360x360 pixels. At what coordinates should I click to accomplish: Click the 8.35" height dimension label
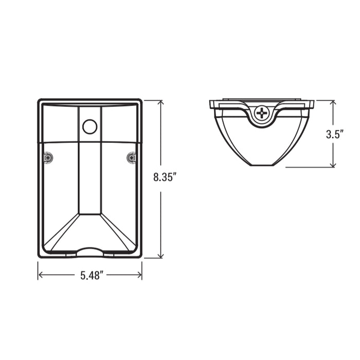pos(165,177)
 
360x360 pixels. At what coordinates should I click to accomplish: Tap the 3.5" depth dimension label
pos(334,134)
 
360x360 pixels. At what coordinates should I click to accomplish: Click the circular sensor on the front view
pos(90,127)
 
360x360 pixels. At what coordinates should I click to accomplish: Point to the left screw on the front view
pos(48,158)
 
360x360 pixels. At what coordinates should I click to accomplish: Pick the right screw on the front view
pos(131,158)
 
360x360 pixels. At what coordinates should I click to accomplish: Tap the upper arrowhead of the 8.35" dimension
pos(161,103)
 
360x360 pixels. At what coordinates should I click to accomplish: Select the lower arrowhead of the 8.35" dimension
pos(161,255)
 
